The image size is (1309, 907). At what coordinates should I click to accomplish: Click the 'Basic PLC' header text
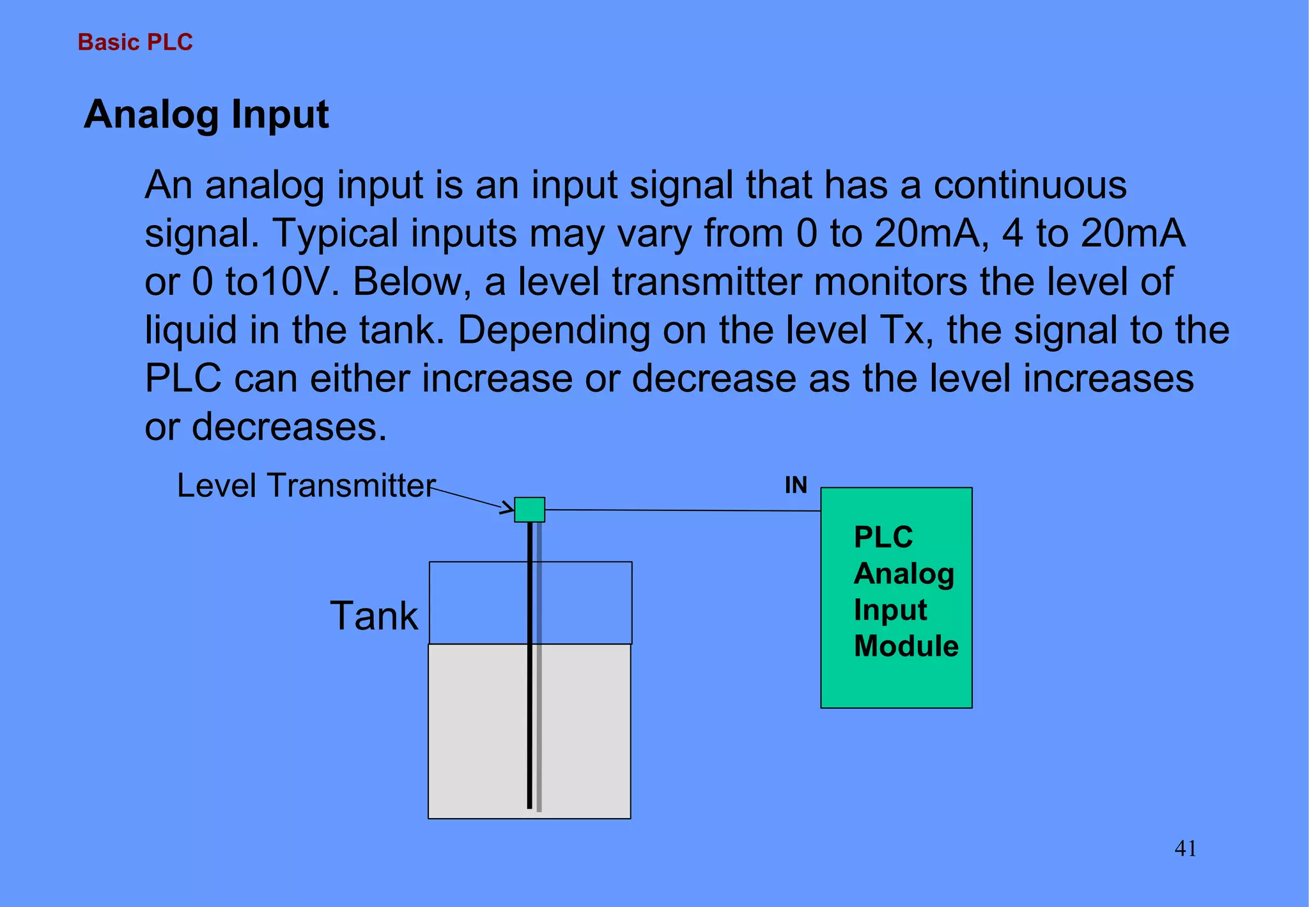135,42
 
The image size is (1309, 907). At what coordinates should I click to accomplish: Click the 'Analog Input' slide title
206,114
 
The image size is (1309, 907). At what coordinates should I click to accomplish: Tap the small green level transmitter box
529,510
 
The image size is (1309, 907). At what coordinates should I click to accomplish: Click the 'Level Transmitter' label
306,485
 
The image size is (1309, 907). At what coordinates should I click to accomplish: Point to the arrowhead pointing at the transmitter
508,509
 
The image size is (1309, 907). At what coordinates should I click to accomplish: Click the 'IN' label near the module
796,485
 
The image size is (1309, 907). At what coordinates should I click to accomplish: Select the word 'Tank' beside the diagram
374,616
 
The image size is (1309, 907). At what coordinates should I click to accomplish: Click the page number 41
1185,849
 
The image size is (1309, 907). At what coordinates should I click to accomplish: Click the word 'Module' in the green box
906,646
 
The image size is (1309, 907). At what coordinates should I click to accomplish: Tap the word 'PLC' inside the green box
883,537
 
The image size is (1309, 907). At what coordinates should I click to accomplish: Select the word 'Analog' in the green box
904,574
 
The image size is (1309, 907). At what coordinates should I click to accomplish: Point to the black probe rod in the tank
529,704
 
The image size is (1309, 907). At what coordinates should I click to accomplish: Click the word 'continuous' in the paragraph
1030,185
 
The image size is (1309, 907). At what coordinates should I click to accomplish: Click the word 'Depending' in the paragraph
554,330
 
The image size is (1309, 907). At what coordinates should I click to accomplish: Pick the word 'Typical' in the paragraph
336,233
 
